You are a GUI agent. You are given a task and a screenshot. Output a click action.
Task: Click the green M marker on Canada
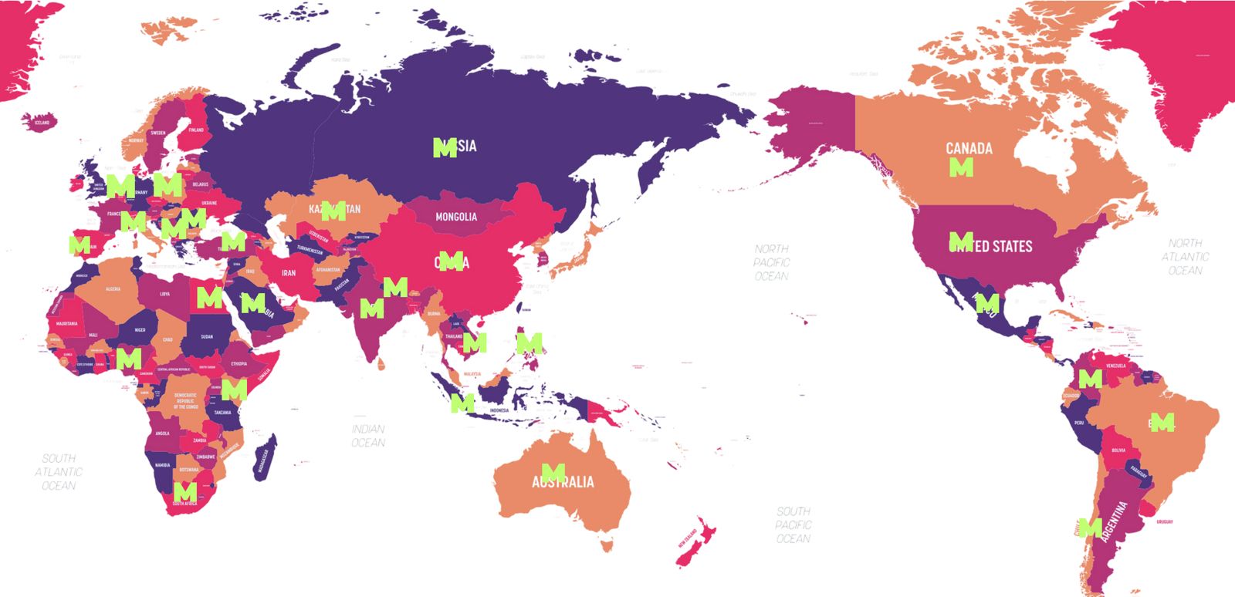pyautogui.click(x=961, y=167)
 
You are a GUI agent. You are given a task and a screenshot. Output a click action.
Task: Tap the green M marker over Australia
pyautogui.click(x=553, y=471)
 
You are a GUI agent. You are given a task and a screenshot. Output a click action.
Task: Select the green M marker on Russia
pyautogui.click(x=445, y=147)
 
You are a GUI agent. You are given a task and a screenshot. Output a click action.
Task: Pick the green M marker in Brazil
pyautogui.click(x=1162, y=422)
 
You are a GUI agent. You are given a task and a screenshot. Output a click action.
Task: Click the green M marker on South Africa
pyautogui.click(x=185, y=491)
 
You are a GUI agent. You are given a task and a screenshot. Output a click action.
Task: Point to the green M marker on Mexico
pyautogui.click(x=987, y=303)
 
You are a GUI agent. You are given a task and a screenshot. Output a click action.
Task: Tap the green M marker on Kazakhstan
pyautogui.click(x=333, y=211)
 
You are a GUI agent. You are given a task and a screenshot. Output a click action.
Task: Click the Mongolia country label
pyautogui.click(x=456, y=217)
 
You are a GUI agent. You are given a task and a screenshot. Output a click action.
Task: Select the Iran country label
pyautogui.click(x=288, y=273)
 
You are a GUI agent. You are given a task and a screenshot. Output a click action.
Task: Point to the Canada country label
pyautogui.click(x=969, y=147)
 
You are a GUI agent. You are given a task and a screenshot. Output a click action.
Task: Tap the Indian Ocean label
pyautogui.click(x=368, y=436)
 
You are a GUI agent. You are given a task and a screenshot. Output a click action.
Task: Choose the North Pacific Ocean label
pyautogui.click(x=771, y=262)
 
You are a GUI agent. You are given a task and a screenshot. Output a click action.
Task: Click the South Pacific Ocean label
pyautogui.click(x=793, y=524)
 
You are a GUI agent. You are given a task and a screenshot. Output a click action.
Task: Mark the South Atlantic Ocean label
pyautogui.click(x=59, y=471)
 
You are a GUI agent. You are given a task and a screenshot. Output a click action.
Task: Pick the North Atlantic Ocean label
pyautogui.click(x=1185, y=257)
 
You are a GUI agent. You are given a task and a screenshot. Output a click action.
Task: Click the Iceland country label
pyautogui.click(x=42, y=123)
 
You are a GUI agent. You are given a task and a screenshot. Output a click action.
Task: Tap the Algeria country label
pyautogui.click(x=113, y=288)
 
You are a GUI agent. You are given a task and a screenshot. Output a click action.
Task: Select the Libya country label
pyautogui.click(x=164, y=294)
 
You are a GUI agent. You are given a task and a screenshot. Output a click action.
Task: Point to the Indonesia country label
pyautogui.click(x=499, y=410)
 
